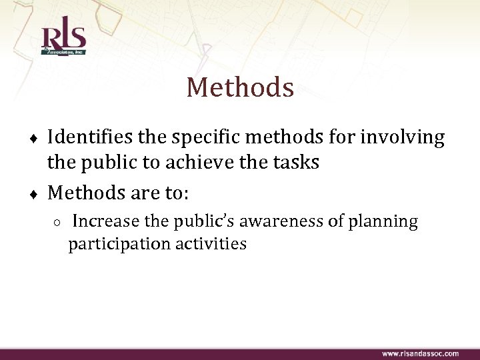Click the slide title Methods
(x=240, y=87)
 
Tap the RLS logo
(x=63, y=39)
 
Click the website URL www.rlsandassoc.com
(x=420, y=353)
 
